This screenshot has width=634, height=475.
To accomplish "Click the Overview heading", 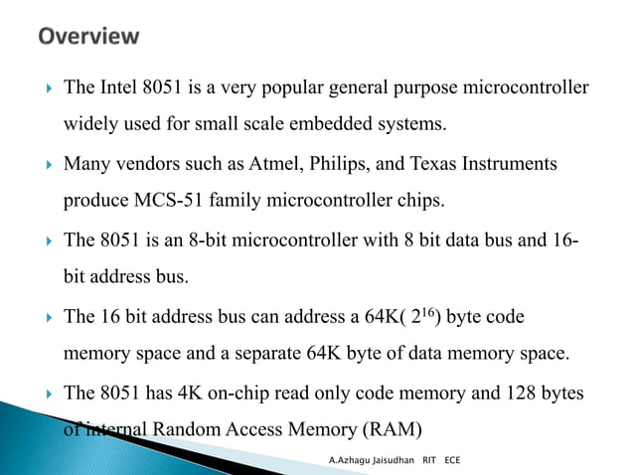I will pos(88,38).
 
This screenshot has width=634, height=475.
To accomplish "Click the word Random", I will pos(185,429).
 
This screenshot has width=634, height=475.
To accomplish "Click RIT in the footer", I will pos(430,462).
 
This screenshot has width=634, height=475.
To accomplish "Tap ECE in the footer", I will pos(453,462).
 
